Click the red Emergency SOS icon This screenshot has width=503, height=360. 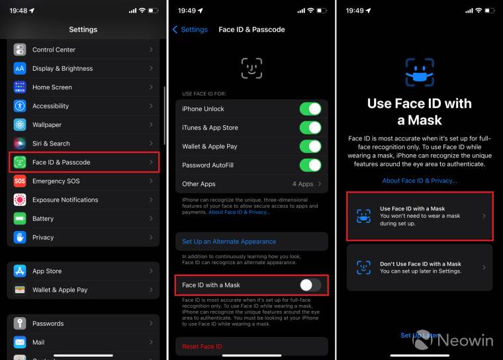(x=20, y=181)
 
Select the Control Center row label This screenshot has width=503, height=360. (x=54, y=50)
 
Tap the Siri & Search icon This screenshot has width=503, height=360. (x=20, y=144)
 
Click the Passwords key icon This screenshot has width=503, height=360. (x=20, y=324)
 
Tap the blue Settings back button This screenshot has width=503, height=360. (x=190, y=30)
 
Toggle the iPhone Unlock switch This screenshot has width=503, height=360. (x=310, y=109)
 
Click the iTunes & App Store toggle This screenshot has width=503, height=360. (x=310, y=128)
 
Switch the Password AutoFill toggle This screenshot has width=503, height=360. (x=310, y=165)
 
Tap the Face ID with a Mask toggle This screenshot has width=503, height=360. (x=310, y=285)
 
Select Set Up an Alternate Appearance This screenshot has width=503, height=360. (x=229, y=242)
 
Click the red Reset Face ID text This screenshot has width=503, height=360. (x=202, y=346)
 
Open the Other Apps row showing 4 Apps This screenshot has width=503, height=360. (x=251, y=184)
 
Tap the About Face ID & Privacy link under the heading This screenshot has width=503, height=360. (x=420, y=181)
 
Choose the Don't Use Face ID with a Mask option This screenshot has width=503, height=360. (x=420, y=267)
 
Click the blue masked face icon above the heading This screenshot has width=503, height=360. (x=420, y=72)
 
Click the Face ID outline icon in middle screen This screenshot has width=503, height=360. (x=251, y=68)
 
